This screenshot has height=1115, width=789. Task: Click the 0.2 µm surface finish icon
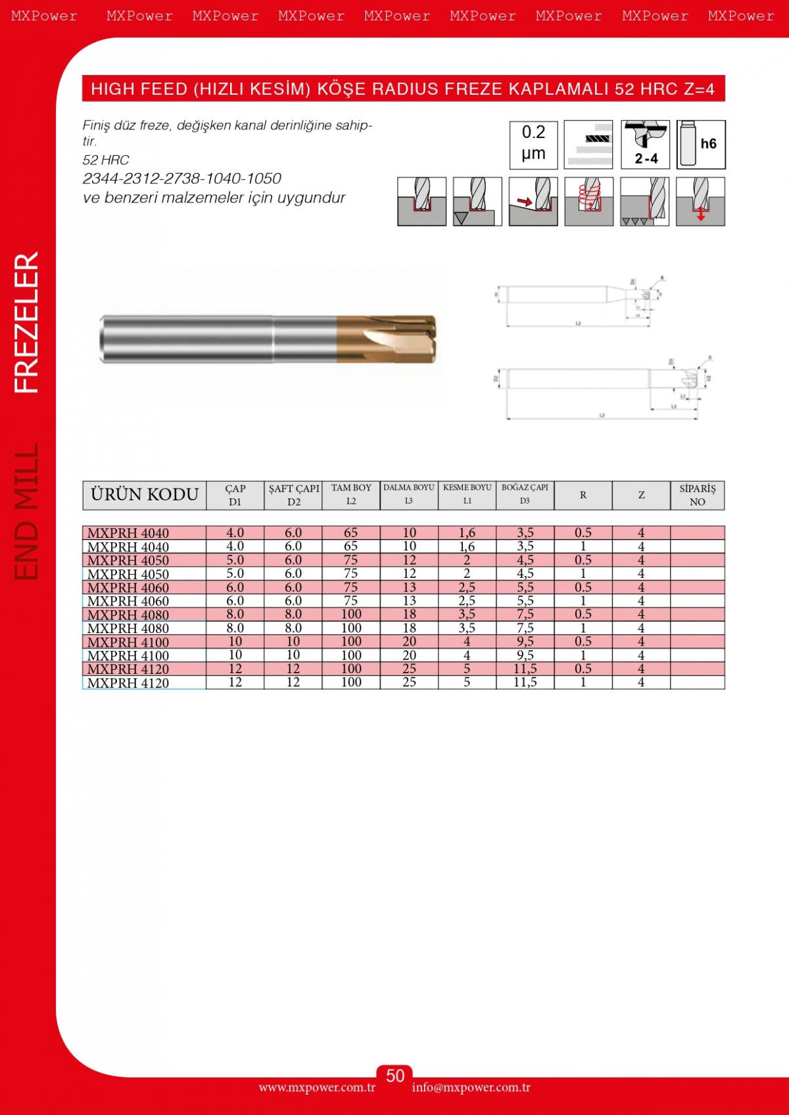(533, 145)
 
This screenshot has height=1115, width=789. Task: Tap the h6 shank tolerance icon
(701, 145)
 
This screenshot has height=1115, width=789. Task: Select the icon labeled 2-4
(645, 145)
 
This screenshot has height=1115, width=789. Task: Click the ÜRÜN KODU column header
(145, 495)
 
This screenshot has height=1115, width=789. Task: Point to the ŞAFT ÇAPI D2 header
(293, 495)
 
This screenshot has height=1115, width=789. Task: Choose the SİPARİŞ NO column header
(697, 495)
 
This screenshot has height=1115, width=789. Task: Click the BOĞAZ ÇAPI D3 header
(525, 494)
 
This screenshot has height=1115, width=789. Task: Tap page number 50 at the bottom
(394, 1076)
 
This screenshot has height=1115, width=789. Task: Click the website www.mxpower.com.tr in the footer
(317, 1087)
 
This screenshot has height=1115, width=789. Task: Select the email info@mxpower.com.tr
(471, 1087)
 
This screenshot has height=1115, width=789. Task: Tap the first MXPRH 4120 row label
(128, 669)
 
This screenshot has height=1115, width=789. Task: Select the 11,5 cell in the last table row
(525, 682)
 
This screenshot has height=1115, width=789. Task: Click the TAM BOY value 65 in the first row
(350, 533)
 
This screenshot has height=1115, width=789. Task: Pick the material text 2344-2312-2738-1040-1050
(182, 178)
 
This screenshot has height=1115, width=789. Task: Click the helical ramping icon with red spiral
(588, 201)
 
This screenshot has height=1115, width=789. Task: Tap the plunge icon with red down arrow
(700, 201)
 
